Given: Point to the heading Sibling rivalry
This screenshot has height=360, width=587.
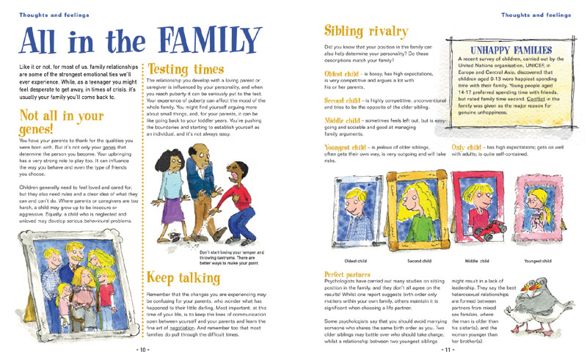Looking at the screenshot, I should [366, 32].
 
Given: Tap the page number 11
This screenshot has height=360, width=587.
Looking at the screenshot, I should [446, 349].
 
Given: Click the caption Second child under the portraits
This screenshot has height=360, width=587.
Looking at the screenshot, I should [419, 260].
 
